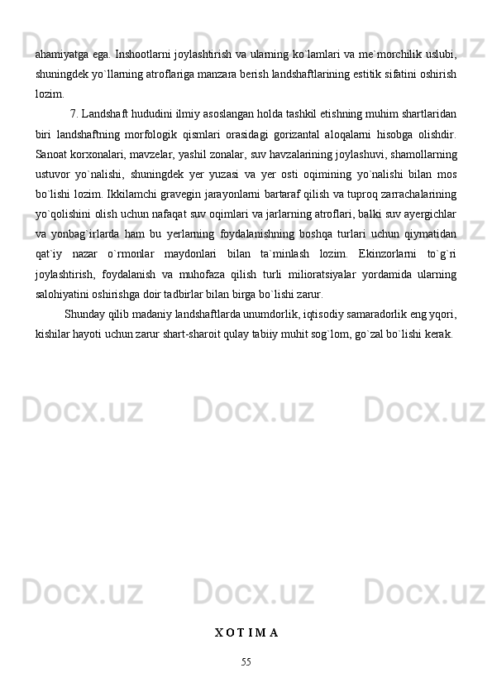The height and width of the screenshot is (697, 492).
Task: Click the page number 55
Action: pos(246,661)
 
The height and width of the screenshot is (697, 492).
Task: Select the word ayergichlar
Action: pos(428,214)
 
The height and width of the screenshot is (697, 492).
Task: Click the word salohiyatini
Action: pos(64,293)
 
